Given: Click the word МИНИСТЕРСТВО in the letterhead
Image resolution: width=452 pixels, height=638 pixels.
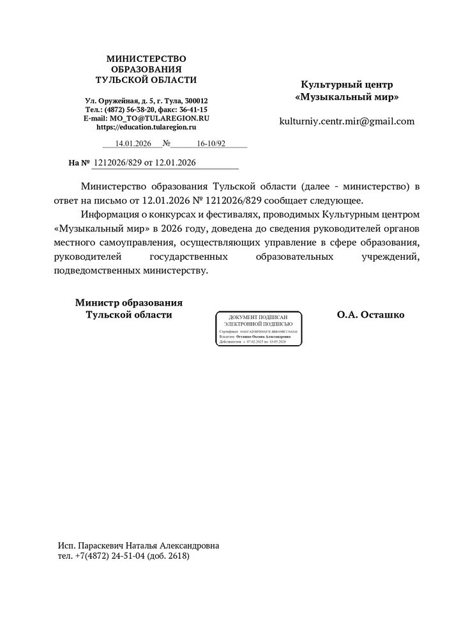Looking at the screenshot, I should coord(146,59).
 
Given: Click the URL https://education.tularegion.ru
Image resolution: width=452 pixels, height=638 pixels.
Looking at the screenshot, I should coord(146,128).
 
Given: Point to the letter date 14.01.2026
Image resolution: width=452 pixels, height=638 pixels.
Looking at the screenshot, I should coord(133,144).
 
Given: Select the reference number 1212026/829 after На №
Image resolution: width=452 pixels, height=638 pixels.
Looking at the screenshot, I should coord(117,163).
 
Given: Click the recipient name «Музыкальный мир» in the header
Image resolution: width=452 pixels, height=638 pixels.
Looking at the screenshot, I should coord(347,98).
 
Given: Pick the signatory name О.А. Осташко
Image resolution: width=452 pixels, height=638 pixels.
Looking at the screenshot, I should coord(371,315).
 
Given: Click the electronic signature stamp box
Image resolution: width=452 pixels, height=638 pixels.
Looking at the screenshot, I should coord(259,329).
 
